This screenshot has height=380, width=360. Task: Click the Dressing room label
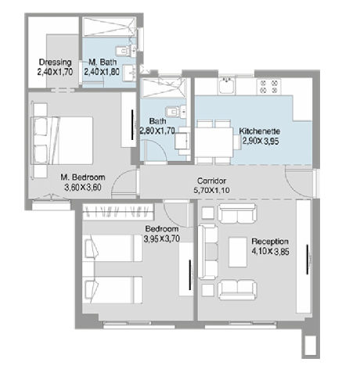(x=55, y=63)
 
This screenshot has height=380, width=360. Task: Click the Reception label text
(x=270, y=242)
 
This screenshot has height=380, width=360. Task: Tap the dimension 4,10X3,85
(x=271, y=252)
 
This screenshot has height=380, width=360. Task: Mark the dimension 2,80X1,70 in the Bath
(x=158, y=131)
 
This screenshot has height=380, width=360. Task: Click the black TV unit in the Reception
(x=308, y=266)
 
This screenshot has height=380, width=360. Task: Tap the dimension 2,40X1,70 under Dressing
(x=55, y=72)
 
